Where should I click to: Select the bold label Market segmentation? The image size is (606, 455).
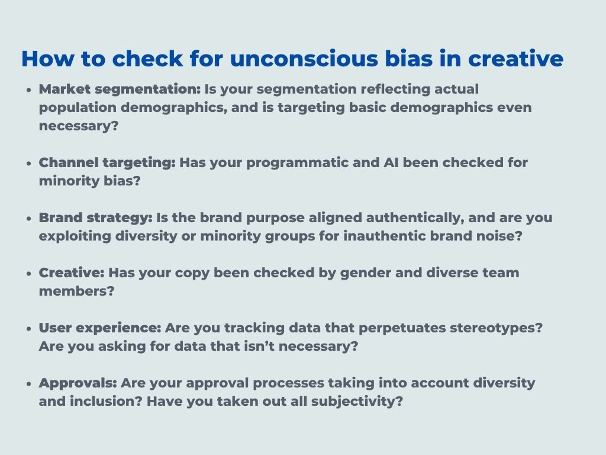120,89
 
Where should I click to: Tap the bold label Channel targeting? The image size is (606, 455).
107,163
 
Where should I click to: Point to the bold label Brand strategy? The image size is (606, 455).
95,218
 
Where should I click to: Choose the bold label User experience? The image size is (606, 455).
99,328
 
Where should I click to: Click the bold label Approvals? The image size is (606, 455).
78,383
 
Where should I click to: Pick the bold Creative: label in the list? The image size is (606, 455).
71,273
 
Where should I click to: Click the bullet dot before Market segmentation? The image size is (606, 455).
29,90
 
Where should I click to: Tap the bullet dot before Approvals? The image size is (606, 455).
29,384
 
